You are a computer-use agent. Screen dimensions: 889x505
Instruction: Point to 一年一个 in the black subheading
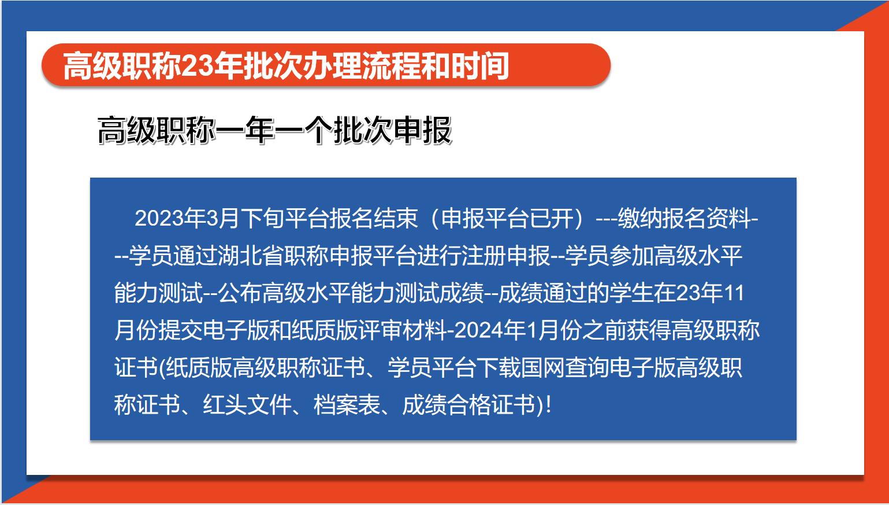274,130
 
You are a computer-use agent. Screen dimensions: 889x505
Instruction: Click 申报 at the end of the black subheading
422,130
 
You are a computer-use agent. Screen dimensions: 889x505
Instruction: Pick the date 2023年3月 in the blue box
187,218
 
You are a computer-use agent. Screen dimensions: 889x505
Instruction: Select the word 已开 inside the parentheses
552,218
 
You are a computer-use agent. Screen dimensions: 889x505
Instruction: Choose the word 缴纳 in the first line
639,218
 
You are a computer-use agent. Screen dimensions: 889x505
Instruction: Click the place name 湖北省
251,256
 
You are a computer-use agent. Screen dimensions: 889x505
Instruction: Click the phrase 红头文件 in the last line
247,405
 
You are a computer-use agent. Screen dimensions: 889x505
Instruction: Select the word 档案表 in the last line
347,405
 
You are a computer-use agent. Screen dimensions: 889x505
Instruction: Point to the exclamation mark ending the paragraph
549,405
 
